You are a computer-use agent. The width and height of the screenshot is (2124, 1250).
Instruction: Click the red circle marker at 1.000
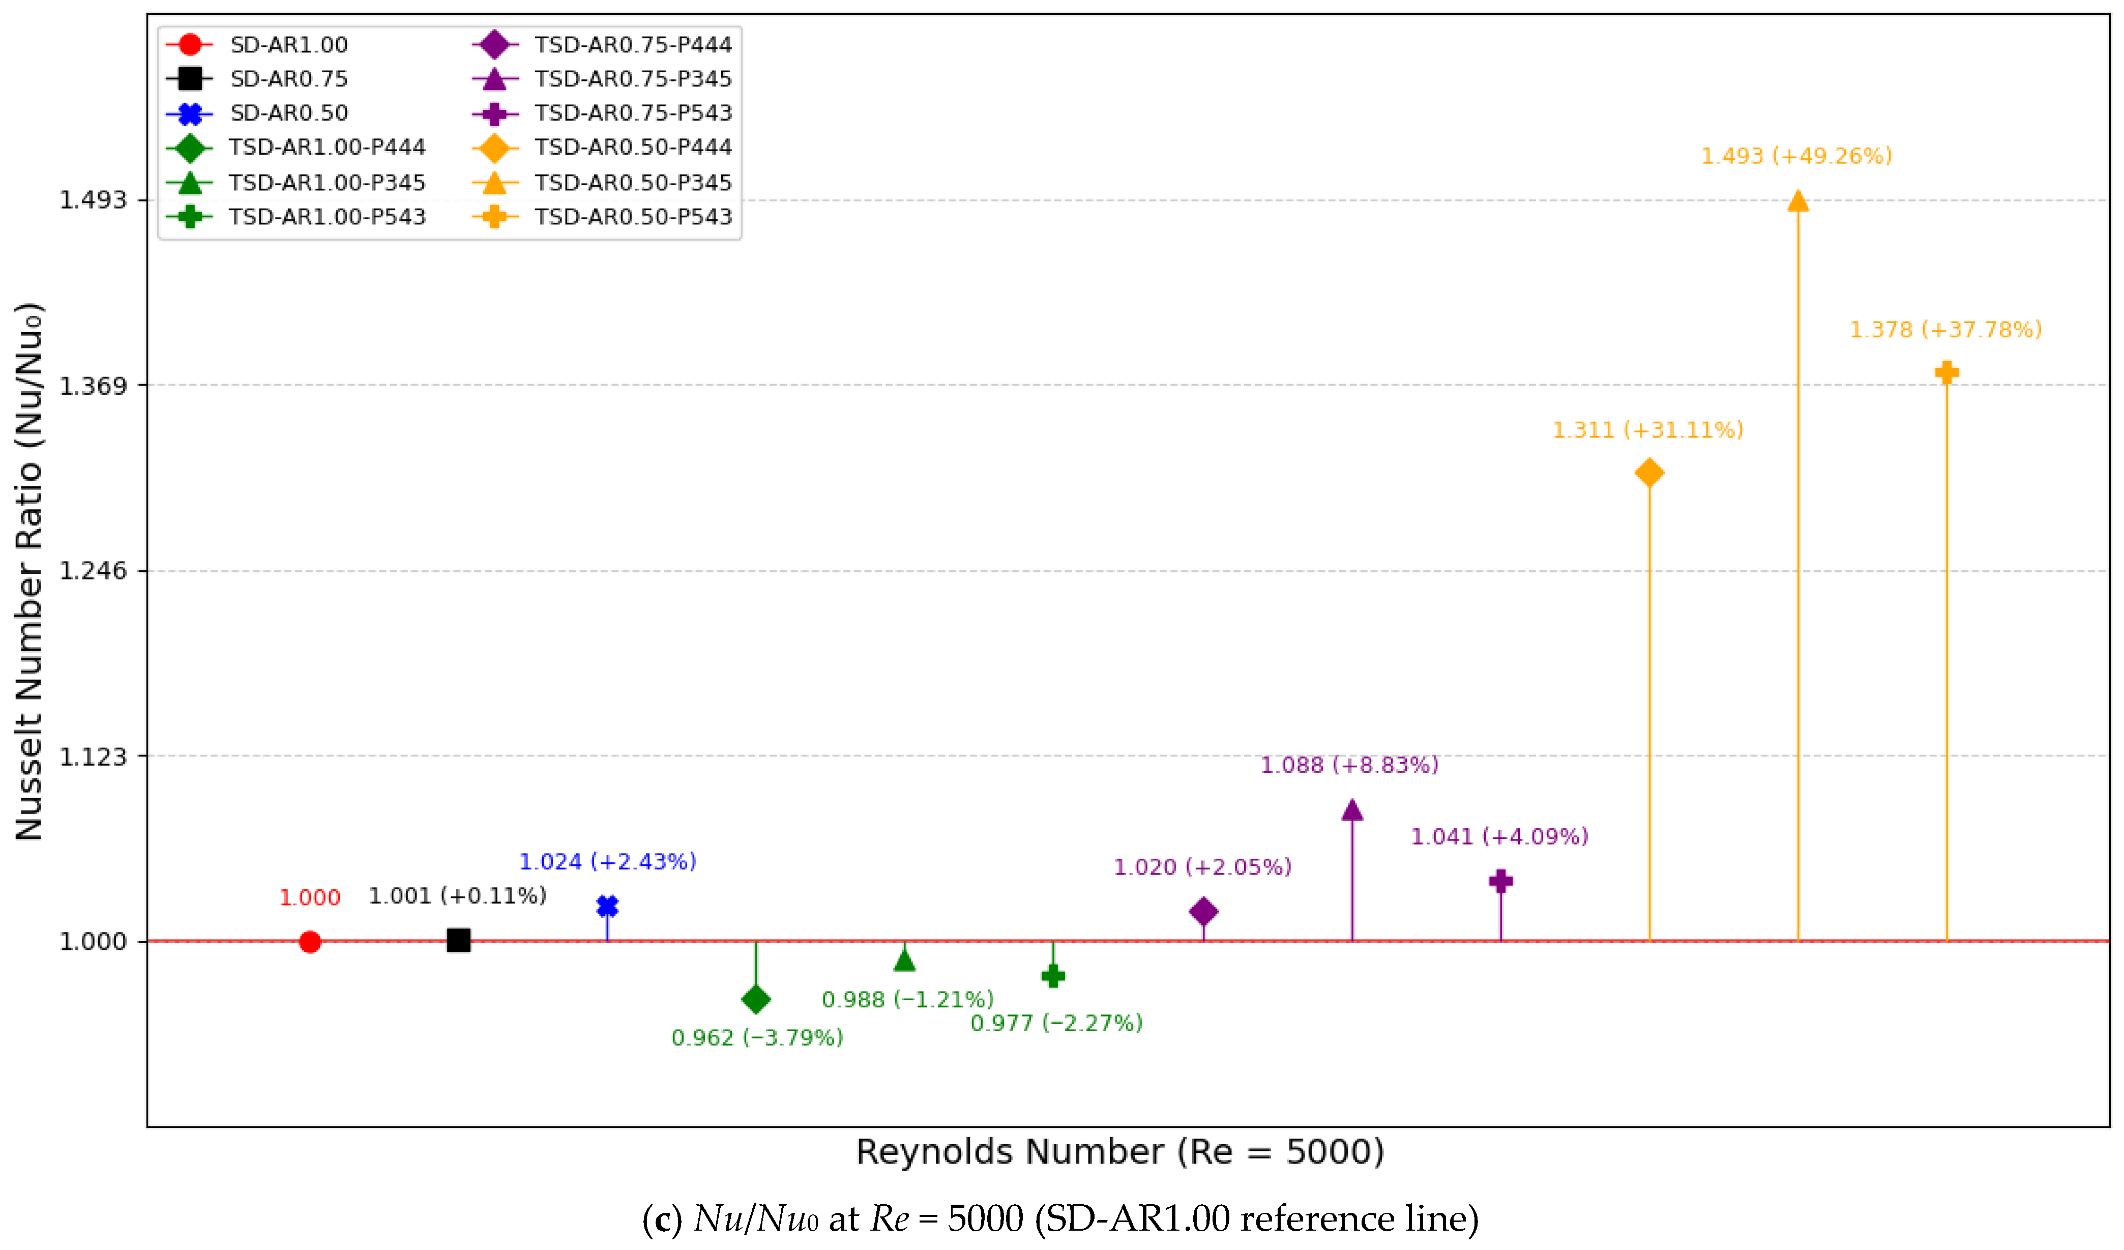[x=310, y=942]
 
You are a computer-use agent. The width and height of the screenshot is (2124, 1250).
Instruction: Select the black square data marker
[x=458, y=940]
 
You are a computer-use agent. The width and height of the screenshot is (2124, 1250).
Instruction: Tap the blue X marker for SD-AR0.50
[x=608, y=906]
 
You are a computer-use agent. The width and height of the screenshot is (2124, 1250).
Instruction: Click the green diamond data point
[x=756, y=1000]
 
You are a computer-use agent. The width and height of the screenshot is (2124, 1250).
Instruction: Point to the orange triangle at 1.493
[x=1798, y=200]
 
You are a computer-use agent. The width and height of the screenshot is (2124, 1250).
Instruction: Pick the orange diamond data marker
[x=1649, y=473]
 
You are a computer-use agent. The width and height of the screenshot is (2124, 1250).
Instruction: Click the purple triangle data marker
[x=1352, y=810]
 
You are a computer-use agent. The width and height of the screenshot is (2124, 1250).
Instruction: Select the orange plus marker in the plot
[x=1947, y=372]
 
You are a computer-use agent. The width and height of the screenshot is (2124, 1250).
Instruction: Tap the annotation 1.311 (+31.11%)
[x=1648, y=430]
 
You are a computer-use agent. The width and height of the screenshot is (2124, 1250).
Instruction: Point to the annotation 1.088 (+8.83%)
[x=1349, y=765]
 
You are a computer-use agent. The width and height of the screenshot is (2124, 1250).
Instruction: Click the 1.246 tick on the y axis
[x=93, y=571]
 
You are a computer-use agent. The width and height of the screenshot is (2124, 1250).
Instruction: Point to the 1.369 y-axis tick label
[x=93, y=385]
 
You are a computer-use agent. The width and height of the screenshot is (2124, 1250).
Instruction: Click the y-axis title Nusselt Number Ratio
[x=28, y=571]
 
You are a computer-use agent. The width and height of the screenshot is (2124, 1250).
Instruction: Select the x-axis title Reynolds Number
[x=1120, y=1151]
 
